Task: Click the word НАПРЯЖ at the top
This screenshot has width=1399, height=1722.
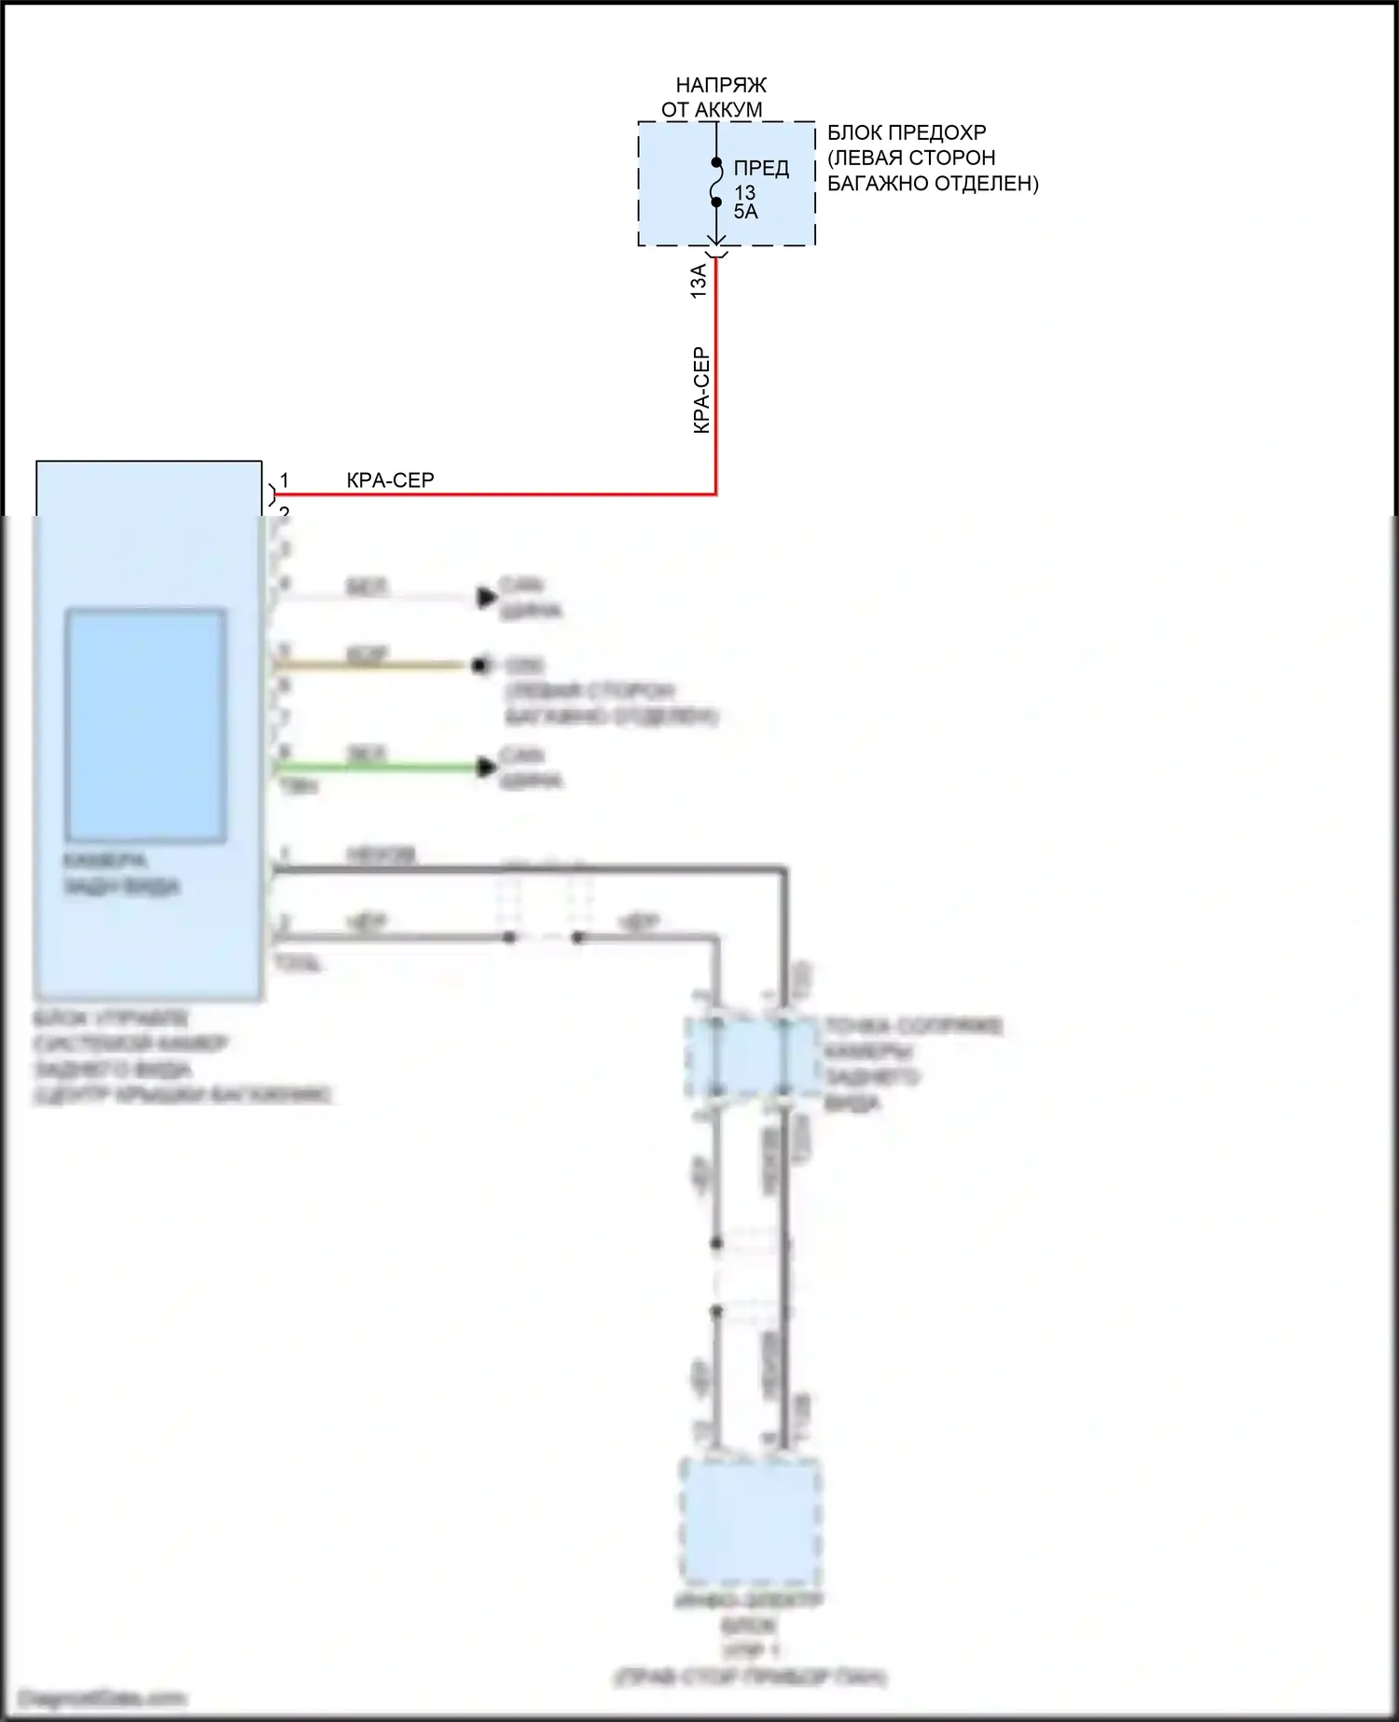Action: click(721, 85)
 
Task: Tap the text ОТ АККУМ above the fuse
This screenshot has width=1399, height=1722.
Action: click(712, 110)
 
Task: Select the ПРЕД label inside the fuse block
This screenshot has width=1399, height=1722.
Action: click(761, 168)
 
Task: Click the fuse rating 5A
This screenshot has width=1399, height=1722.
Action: click(746, 213)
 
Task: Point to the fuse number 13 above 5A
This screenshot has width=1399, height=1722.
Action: click(744, 193)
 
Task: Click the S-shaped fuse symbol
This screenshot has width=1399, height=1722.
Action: click(716, 182)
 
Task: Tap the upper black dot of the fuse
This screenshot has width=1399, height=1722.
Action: click(716, 162)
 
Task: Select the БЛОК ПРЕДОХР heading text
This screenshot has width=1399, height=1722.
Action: click(907, 132)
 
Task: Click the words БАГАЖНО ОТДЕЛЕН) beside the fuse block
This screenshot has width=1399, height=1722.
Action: click(933, 184)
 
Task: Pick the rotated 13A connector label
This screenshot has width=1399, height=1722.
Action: click(699, 281)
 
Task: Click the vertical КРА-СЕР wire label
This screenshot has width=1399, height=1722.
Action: click(702, 390)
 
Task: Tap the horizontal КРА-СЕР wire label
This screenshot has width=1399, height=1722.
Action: click(390, 480)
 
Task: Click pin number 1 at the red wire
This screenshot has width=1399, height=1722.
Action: click(284, 480)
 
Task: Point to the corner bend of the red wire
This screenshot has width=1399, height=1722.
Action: click(715, 493)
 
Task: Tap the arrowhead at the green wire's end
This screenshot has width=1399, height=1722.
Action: click(486, 768)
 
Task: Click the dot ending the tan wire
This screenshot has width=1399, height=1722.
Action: click(480, 665)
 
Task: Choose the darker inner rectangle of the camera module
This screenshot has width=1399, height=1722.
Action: click(145, 726)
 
